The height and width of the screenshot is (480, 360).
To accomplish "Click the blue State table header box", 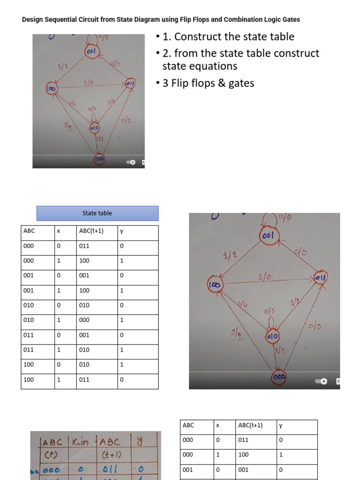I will click(x=97, y=213).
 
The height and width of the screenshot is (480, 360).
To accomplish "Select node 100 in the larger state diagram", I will click(x=216, y=285).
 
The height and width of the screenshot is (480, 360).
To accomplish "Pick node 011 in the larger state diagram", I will click(x=321, y=277).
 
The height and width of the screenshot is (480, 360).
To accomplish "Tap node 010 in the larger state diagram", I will click(x=272, y=336).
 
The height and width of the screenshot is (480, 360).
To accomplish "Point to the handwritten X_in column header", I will click(x=82, y=442).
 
